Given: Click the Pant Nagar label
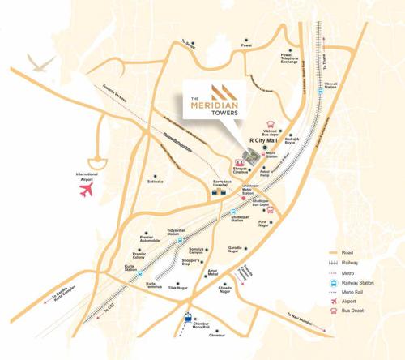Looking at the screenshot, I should pos(263,223).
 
